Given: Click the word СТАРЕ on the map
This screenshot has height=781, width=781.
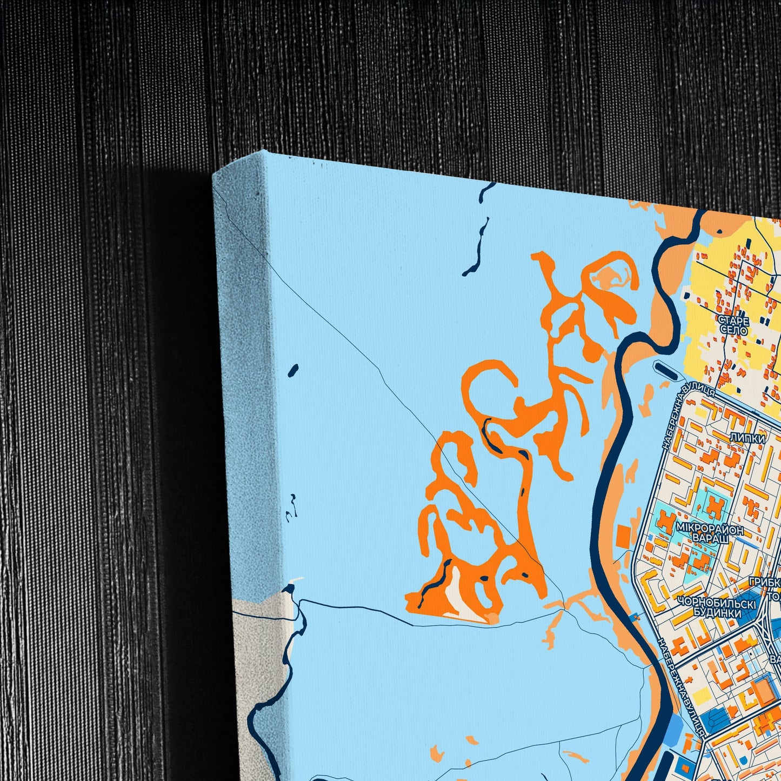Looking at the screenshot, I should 733,321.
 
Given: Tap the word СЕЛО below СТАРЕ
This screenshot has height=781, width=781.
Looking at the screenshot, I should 733,330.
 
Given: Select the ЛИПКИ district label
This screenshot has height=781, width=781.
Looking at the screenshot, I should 747,439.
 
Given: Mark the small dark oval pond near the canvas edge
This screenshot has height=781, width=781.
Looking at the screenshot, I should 293,370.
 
